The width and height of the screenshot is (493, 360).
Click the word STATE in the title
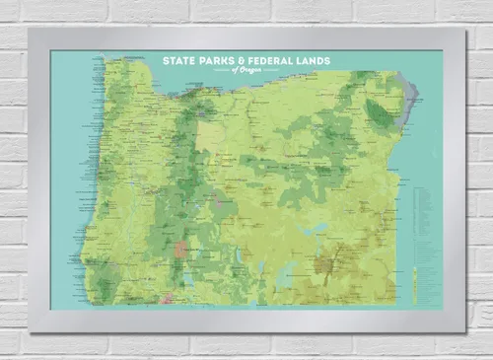pyautogui.click(x=179, y=61)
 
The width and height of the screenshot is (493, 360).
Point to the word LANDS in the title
pyautogui.click(x=315, y=61)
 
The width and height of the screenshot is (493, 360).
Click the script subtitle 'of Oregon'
pyautogui.click(x=246, y=71)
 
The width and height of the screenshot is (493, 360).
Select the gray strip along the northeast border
pyautogui.click(x=411, y=104)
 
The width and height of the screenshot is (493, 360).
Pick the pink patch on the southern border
pyautogui.click(x=167, y=296)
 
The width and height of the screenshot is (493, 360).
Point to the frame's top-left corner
pyautogui.click(x=30, y=29)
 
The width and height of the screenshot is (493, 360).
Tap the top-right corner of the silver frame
pyautogui.click(x=463, y=29)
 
